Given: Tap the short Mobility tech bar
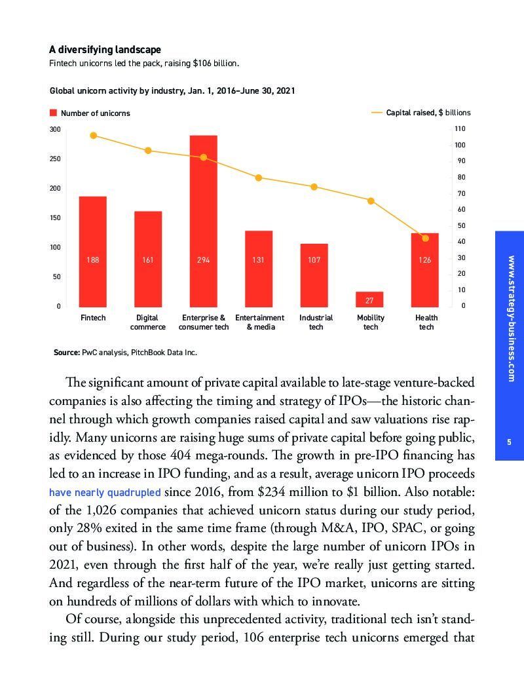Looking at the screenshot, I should [x=369, y=299].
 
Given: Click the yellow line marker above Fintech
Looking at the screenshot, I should [x=93, y=136].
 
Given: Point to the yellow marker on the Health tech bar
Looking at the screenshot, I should [x=425, y=238].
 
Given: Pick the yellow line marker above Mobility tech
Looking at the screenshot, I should [x=371, y=201].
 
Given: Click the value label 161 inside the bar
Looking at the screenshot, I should [x=148, y=260].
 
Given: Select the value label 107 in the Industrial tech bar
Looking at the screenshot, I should [x=314, y=260].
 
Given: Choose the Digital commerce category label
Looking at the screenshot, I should [x=148, y=322].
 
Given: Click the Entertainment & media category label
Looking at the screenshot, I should [x=259, y=322].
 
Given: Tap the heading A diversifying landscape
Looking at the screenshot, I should [x=105, y=50].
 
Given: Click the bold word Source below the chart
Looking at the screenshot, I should [x=66, y=353].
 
